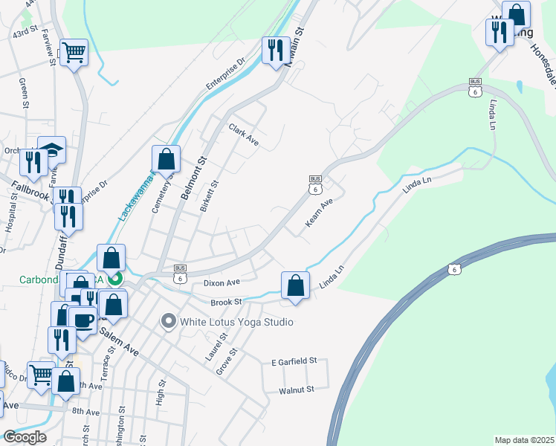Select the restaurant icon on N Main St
click(275, 51)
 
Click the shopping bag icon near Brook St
click(295, 285)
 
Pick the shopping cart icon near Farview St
click(74, 52)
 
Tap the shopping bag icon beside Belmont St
click(166, 158)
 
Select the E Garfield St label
click(294, 361)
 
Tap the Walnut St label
click(297, 389)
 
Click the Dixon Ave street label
click(222, 282)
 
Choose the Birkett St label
click(210, 195)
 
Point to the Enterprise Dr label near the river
click(225, 75)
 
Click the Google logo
click(24, 437)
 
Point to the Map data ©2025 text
click(524, 440)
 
